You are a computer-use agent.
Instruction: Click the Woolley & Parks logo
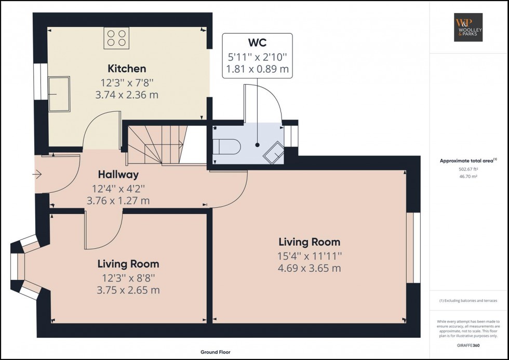coord(469,28)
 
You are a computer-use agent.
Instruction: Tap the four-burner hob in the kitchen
coord(116,37)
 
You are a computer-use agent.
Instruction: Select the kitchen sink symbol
coord(59,94)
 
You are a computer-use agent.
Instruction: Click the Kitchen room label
coord(127,68)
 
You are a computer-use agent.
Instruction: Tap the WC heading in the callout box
coord(257,43)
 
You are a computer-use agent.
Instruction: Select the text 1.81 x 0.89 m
coord(257,69)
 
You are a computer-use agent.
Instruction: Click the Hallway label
coord(119,175)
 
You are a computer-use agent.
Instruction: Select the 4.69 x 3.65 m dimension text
coord(309,268)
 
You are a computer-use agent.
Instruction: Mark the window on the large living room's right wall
coord(413,247)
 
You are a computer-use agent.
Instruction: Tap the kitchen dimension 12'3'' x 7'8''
coord(127,83)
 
